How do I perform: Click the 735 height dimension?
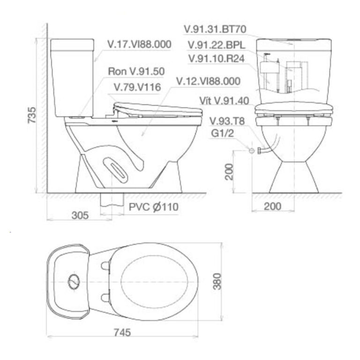pyautogui.click(x=31, y=115)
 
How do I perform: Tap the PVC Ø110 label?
pyautogui.click(x=154, y=207)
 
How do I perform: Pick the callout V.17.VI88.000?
pyautogui.click(x=139, y=45)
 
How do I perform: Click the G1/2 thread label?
pyautogui.click(x=222, y=133)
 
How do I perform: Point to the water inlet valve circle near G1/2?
pyautogui.click(x=251, y=151)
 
